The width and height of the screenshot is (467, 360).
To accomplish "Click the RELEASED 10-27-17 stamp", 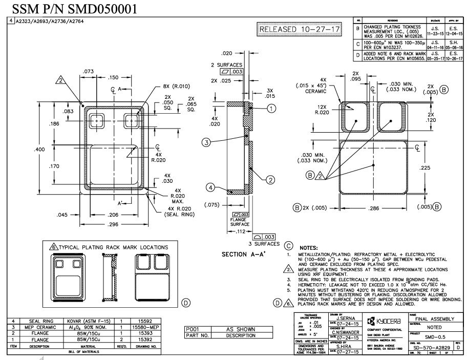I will pyautogui.click(x=300, y=30).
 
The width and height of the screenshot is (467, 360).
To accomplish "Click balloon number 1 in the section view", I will pyautogui.click(x=271, y=108).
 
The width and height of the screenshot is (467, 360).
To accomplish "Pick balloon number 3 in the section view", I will pyautogui.click(x=206, y=142).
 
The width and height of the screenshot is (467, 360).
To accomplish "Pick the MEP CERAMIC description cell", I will pyautogui.click(x=38, y=327).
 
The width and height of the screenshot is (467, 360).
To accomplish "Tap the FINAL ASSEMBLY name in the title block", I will pyautogui.click(x=431, y=319).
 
